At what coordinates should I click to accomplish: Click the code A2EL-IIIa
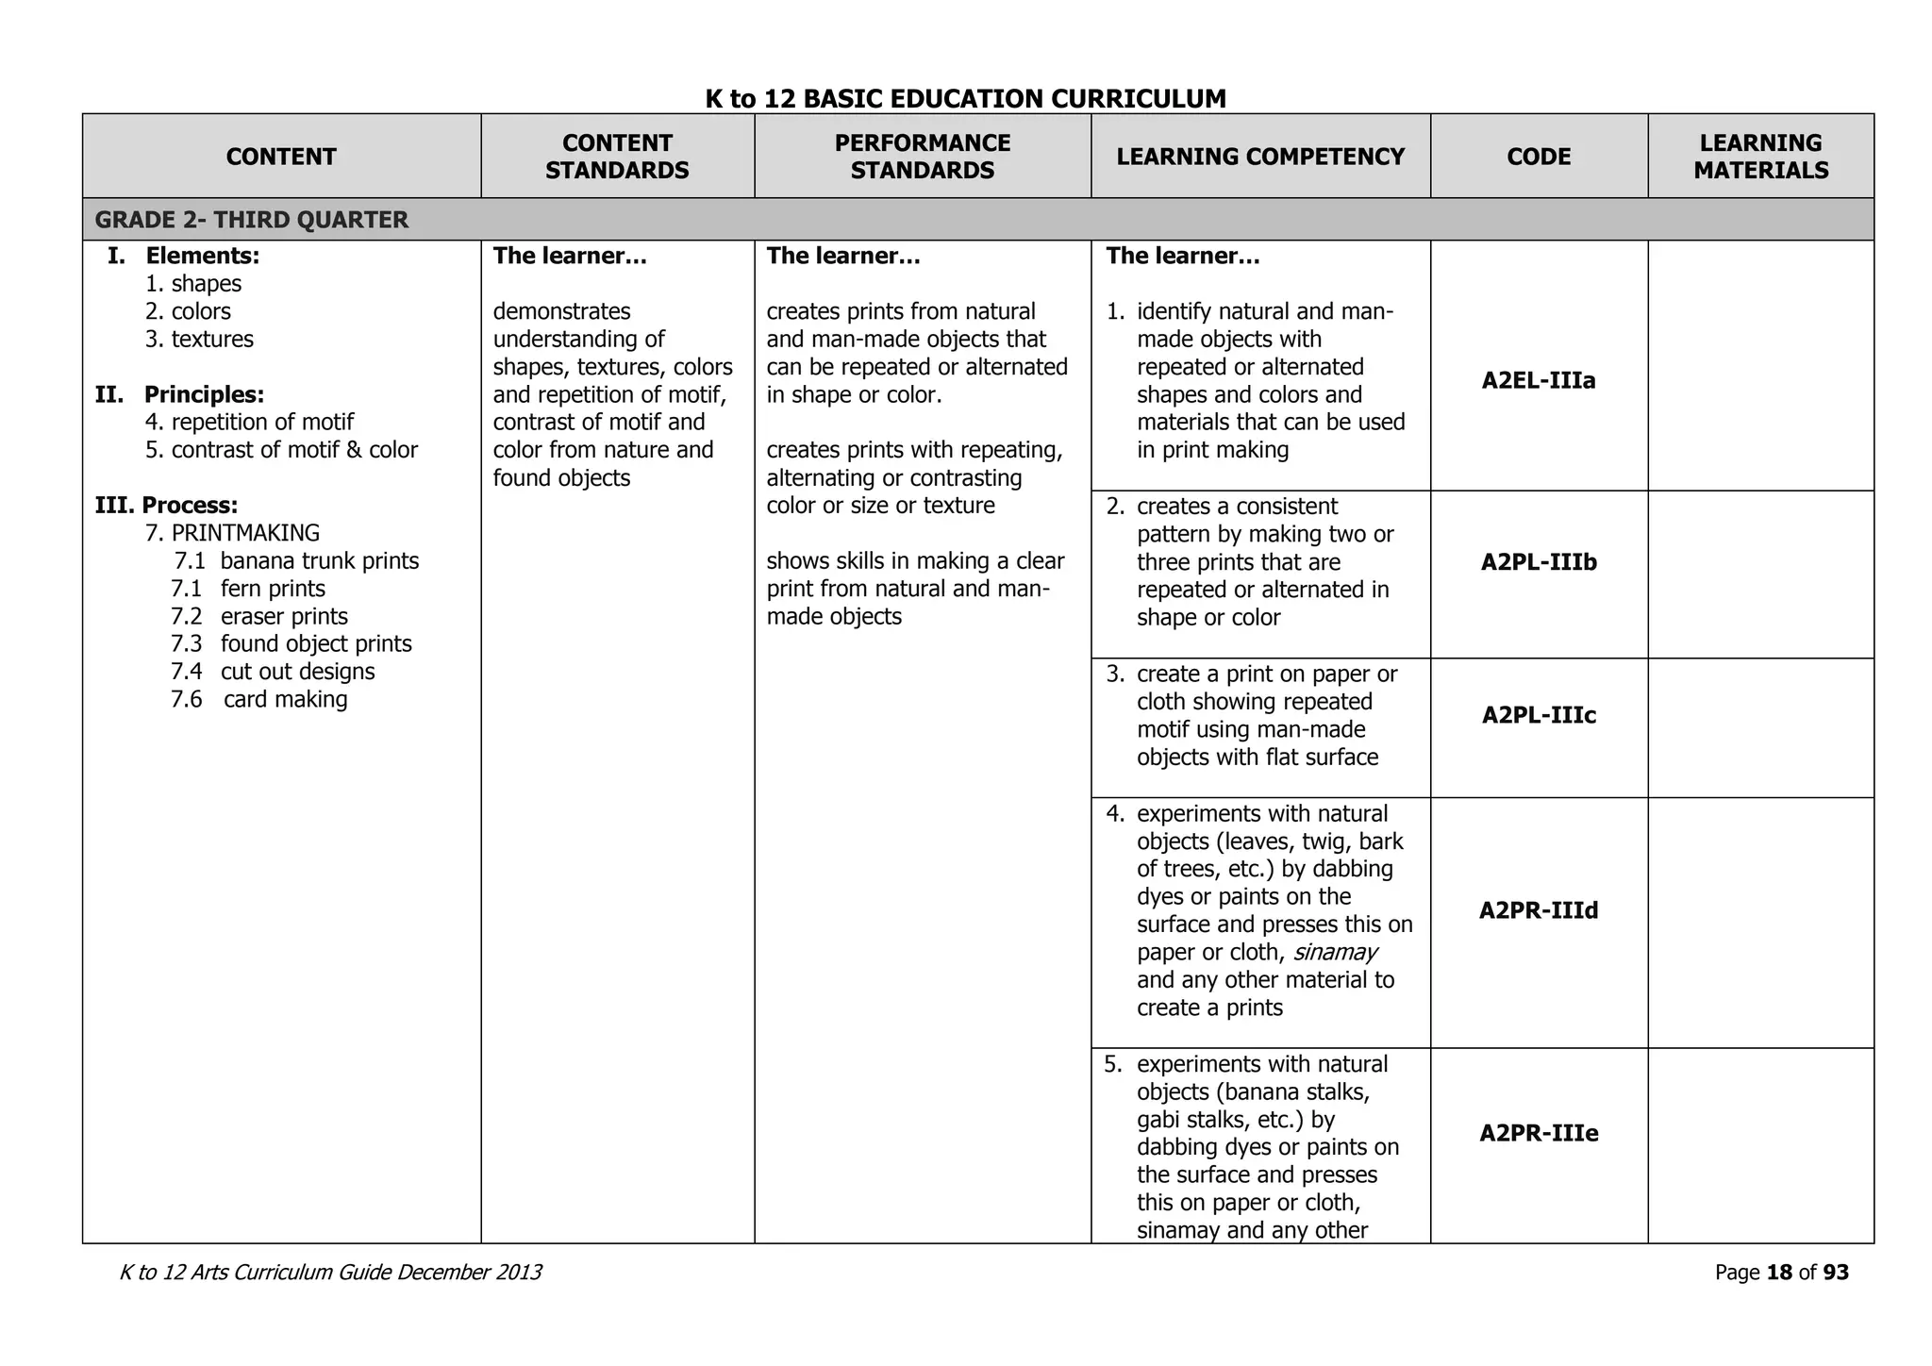click(x=1539, y=381)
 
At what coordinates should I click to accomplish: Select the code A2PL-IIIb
click(x=1539, y=562)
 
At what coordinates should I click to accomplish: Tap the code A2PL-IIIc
click(x=1539, y=715)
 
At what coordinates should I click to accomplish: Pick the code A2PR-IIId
click(x=1539, y=910)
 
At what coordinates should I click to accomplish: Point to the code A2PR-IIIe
click(x=1539, y=1133)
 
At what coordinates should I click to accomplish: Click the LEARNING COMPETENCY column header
click(x=1260, y=157)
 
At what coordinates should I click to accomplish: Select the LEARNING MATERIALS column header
click(x=1760, y=157)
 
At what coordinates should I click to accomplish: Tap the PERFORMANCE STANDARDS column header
click(x=922, y=157)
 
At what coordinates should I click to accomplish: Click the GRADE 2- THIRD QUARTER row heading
click(x=252, y=220)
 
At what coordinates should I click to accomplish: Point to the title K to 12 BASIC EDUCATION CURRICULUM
click(x=965, y=98)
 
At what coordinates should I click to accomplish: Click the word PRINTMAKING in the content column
click(x=245, y=533)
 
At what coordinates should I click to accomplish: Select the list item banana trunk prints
click(x=319, y=561)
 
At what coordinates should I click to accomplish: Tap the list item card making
click(x=285, y=700)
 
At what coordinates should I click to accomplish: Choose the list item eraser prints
click(x=284, y=617)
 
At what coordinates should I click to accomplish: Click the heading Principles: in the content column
click(x=204, y=394)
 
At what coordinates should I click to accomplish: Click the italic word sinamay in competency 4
click(x=1335, y=952)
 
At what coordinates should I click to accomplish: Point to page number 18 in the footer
click(x=1779, y=1273)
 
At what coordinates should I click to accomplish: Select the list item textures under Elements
click(x=212, y=340)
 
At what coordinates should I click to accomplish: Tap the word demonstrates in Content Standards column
click(x=561, y=311)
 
